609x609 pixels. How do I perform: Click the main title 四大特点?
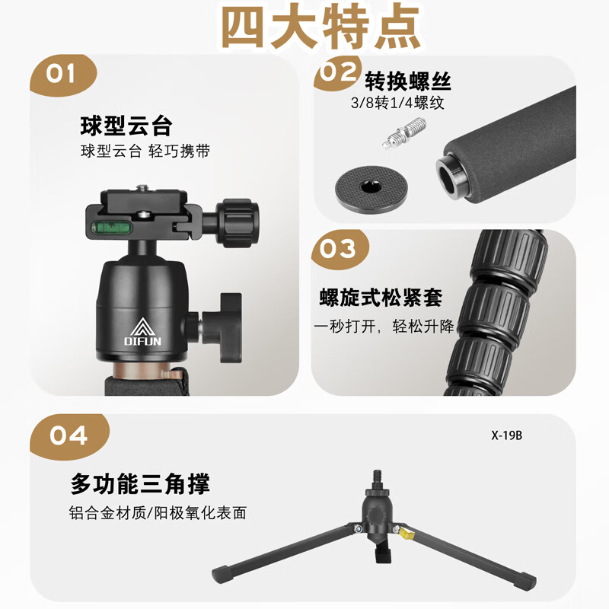point(320,28)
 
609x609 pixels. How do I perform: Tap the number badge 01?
point(61,74)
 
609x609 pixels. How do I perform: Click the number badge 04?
point(69,435)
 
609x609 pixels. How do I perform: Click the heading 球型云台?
point(126,125)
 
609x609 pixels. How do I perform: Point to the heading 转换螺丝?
point(408,81)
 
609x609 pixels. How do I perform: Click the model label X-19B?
point(507,436)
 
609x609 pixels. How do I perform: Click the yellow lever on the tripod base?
point(406,534)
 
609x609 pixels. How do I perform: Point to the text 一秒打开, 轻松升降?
point(384,327)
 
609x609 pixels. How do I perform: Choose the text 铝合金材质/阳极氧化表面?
point(158,513)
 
